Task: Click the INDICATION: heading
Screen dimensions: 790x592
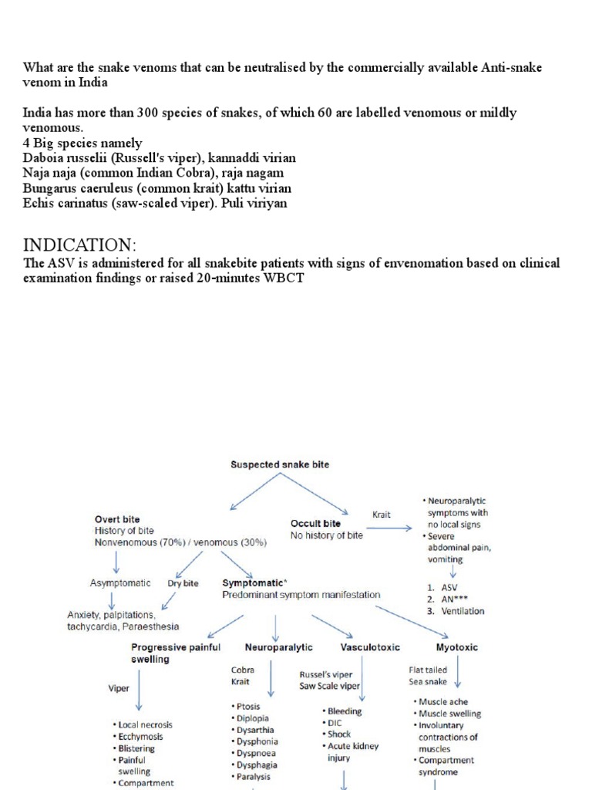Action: [x=79, y=245]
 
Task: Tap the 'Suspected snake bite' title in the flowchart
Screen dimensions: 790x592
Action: [x=274, y=464]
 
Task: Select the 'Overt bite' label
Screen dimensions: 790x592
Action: [x=117, y=519]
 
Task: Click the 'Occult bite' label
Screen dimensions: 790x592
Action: [x=316, y=524]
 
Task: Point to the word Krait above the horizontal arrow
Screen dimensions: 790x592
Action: [x=382, y=514]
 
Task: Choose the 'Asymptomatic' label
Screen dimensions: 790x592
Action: [x=120, y=583]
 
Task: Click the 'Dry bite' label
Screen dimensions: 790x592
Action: [x=185, y=583]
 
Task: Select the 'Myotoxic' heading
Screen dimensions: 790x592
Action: [x=456, y=647]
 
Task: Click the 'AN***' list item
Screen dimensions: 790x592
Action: [x=455, y=599]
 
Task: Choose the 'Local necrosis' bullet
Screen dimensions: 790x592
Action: [x=145, y=725]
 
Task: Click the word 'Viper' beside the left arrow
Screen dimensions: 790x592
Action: [x=118, y=689]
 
